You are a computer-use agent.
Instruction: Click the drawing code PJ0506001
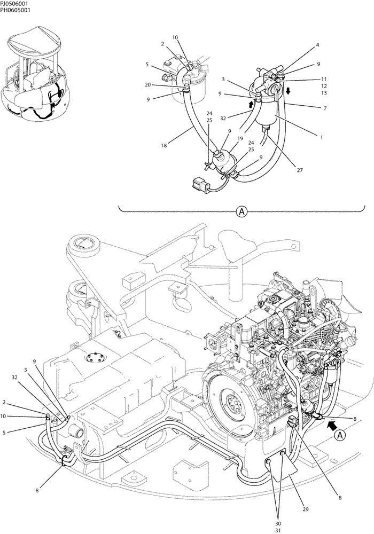point(17,4)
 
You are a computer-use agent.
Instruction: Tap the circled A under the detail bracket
point(241,212)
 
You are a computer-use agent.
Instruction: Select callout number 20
point(147,85)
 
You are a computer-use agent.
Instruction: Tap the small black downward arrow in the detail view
point(288,91)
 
